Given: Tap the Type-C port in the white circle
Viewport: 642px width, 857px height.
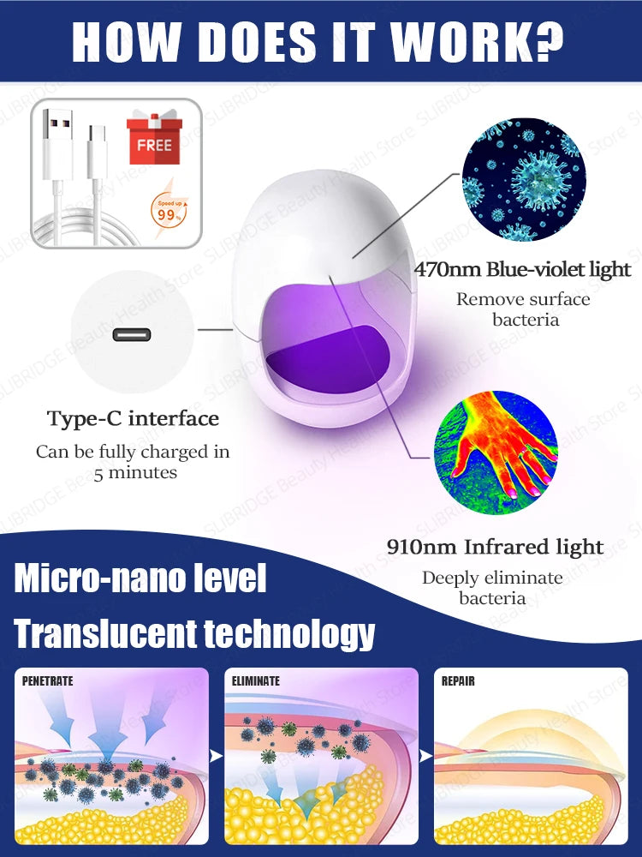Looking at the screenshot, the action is (x=132, y=334).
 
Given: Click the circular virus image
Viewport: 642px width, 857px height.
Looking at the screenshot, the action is (x=524, y=179).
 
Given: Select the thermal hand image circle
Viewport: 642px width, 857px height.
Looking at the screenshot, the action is (x=496, y=452).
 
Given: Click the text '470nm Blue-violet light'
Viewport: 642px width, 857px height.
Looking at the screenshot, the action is (x=522, y=269).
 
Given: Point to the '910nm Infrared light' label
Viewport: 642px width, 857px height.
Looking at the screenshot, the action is (x=495, y=547).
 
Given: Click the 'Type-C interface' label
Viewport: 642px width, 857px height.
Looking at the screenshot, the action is (x=134, y=419).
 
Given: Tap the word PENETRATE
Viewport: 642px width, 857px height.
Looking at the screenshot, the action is (x=47, y=681).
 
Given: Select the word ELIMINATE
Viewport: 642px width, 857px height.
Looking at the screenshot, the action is (x=255, y=681).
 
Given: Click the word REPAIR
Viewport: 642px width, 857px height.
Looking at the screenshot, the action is (x=458, y=681).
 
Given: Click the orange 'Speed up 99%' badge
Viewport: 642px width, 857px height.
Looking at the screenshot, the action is (x=169, y=211).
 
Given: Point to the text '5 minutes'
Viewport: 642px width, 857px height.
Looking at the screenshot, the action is (x=135, y=473).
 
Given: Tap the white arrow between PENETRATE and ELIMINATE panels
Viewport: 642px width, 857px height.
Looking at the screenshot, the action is (x=217, y=755).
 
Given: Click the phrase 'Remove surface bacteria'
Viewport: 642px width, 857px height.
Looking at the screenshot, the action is (x=524, y=309).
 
